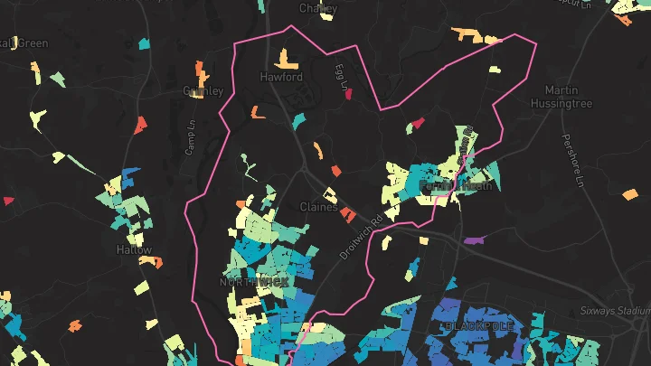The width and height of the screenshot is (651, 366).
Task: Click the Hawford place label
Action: (280, 78)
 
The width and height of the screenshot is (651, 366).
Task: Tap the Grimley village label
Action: (203, 91)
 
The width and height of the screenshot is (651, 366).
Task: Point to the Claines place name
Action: (318, 207)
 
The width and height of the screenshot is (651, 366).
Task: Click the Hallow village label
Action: (134, 249)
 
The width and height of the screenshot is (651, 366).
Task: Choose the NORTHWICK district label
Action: (254, 283)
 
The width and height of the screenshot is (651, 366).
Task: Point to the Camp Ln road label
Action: (191, 137)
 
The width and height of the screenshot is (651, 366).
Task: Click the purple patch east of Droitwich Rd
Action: (474, 240)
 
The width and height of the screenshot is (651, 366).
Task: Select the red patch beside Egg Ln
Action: (349, 95)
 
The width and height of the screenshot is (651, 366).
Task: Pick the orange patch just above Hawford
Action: (287, 59)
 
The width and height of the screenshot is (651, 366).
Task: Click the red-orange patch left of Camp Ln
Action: (140, 126)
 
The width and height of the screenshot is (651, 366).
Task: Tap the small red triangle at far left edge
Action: (8, 201)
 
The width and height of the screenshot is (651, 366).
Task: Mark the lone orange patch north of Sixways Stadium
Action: (630, 193)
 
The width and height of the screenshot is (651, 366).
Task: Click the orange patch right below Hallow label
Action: (151, 262)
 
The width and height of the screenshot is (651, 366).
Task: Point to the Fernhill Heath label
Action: (457, 185)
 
